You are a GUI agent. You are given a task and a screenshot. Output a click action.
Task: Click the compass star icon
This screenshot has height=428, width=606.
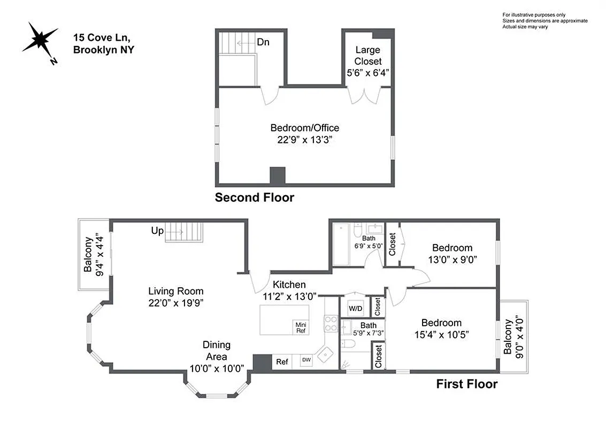[x=40, y=41]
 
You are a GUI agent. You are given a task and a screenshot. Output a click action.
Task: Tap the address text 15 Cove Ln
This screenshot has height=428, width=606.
[x=101, y=37]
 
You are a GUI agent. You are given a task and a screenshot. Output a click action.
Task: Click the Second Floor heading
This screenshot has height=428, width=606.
[x=254, y=197]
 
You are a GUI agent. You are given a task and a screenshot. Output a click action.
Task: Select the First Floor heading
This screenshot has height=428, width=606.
[x=466, y=384]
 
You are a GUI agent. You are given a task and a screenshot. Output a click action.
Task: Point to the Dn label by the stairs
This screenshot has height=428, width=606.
[x=263, y=42]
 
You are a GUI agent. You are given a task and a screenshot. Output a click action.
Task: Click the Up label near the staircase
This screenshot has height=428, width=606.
[x=157, y=231]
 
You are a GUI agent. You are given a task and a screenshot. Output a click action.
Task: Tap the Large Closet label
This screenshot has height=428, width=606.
[x=368, y=56]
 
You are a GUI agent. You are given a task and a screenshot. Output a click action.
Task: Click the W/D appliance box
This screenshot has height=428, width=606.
[x=355, y=309]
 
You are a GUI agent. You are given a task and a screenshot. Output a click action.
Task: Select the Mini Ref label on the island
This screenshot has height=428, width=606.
[x=300, y=327]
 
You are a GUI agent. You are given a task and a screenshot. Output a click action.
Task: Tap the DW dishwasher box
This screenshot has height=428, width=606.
[x=306, y=360]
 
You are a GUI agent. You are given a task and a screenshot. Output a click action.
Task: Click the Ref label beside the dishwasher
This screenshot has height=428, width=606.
[x=282, y=362]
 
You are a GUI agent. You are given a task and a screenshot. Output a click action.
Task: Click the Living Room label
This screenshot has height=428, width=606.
[x=176, y=291]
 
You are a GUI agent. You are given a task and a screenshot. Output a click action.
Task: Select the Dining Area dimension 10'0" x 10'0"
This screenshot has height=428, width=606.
[x=217, y=368]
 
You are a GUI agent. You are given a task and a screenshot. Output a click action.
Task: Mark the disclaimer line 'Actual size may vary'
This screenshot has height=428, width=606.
[x=525, y=27]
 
